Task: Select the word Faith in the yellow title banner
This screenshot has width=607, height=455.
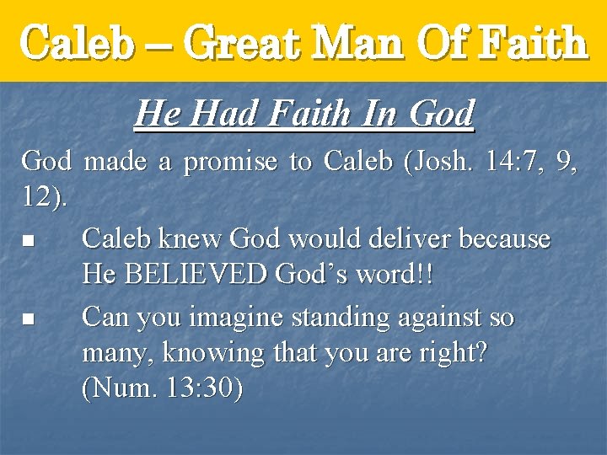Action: click(532, 42)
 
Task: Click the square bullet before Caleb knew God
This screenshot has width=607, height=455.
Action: click(28, 241)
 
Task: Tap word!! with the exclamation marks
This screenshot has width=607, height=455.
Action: click(396, 275)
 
